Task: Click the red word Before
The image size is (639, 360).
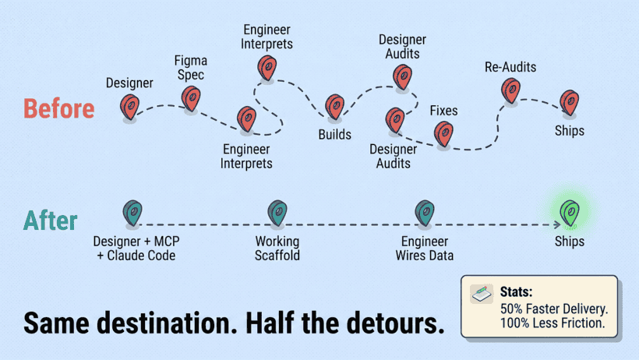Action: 59,109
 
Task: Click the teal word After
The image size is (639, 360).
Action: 51,221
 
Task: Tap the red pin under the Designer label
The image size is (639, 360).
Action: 129,108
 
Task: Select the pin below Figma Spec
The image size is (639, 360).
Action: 191,99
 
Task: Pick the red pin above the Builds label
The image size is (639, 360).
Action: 334,107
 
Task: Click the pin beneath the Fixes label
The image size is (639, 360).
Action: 443,134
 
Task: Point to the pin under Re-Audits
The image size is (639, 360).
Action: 510,90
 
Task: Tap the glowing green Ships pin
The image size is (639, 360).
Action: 570,213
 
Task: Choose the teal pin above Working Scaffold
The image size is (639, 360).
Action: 277,213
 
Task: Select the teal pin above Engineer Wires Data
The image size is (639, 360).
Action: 425,213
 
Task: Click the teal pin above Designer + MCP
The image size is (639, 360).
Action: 132,213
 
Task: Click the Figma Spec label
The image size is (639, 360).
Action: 191,68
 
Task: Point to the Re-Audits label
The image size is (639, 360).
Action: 510,67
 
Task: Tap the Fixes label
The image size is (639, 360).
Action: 444,111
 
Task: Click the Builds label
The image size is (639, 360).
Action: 334,135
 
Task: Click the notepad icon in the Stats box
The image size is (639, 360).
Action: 482,294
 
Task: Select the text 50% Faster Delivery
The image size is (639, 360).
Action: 554,309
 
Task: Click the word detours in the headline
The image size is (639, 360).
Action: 393,323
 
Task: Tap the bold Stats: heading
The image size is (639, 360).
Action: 516,292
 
